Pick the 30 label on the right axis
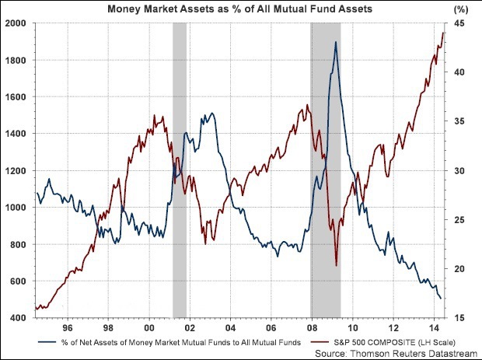(x=459, y=171)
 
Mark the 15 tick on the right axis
(x=459, y=318)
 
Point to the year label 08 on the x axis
(x=311, y=328)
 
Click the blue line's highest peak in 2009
(x=335, y=42)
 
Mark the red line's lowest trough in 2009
(x=336, y=266)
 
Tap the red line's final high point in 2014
(x=443, y=33)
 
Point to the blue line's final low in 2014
(x=441, y=298)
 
